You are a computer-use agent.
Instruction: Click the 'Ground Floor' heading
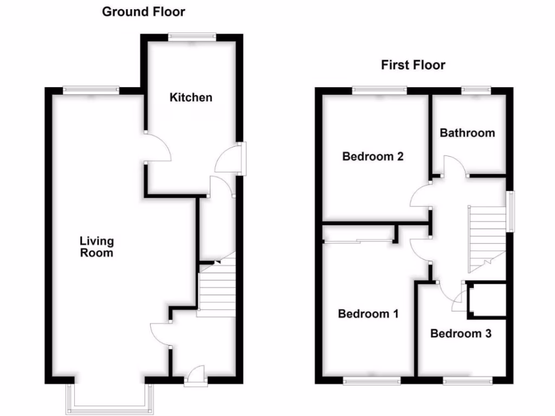tap(144, 11)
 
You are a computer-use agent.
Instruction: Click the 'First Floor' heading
tap(413, 66)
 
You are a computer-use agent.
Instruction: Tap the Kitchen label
tap(191, 97)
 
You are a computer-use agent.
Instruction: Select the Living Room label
tap(96, 246)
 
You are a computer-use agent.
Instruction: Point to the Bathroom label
tap(467, 133)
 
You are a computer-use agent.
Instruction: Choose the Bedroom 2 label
tap(373, 157)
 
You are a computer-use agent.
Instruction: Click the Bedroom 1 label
tap(369, 314)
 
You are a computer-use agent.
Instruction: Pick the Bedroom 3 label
tap(461, 334)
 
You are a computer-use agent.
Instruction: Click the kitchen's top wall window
tap(192, 37)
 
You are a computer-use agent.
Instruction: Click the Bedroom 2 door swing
tap(420, 196)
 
